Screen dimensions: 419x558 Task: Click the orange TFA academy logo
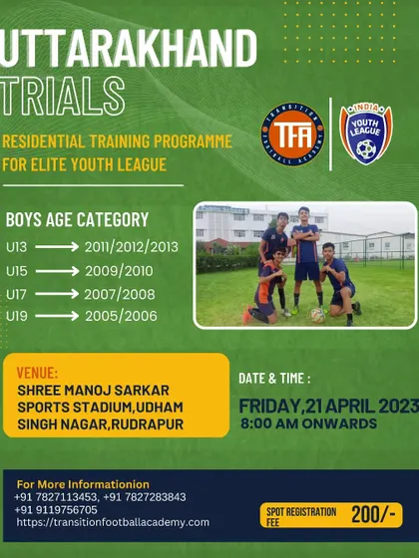pyautogui.click(x=292, y=135)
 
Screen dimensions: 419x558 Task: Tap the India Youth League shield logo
pyautogui.click(x=366, y=134)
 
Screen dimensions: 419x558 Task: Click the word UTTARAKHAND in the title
pyautogui.click(x=128, y=48)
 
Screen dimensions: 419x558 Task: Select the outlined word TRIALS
pyautogui.click(x=62, y=96)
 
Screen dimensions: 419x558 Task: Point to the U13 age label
pyautogui.click(x=16, y=247)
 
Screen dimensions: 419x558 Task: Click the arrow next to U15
pyautogui.click(x=57, y=271)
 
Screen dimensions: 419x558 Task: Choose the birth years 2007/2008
pyautogui.click(x=120, y=294)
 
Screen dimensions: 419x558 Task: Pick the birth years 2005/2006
pyautogui.click(x=121, y=316)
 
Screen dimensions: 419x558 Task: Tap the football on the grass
pyautogui.click(x=318, y=315)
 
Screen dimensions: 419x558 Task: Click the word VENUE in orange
pyautogui.click(x=37, y=373)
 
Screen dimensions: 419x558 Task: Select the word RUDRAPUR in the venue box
pyautogui.click(x=148, y=424)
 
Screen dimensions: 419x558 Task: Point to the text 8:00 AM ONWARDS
pyautogui.click(x=308, y=423)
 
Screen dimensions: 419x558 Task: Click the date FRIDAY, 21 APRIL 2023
pyautogui.click(x=328, y=407)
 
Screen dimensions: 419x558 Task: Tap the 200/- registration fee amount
pyautogui.click(x=373, y=514)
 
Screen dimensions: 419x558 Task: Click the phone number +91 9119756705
pyautogui.click(x=56, y=509)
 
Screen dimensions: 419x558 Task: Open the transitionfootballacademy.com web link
pyautogui.click(x=113, y=522)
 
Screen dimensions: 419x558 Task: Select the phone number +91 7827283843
pyautogui.click(x=145, y=497)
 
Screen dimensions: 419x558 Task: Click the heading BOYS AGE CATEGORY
pyautogui.click(x=77, y=219)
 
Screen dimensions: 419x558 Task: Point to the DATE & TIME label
pyautogui.click(x=274, y=379)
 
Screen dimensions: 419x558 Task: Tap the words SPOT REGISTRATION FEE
pyautogui.click(x=301, y=517)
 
